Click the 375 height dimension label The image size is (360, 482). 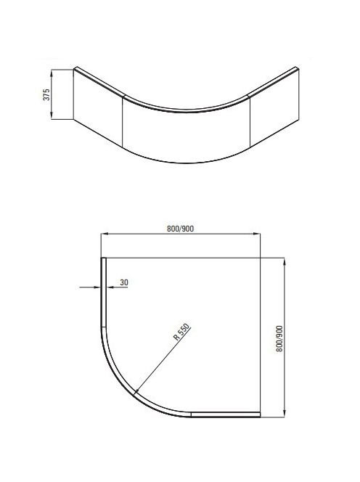[46, 94]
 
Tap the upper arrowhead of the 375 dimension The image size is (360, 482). [52, 73]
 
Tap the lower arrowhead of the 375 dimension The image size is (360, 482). [52, 115]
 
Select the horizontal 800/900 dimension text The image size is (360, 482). [181, 229]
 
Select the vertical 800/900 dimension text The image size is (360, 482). [279, 338]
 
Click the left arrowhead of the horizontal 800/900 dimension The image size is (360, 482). [105, 234]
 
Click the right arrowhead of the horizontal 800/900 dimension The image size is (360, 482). [257, 234]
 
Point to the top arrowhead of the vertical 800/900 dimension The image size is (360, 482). [284, 261]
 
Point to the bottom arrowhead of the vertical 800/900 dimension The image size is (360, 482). [284, 414]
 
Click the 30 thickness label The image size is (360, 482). [124, 282]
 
